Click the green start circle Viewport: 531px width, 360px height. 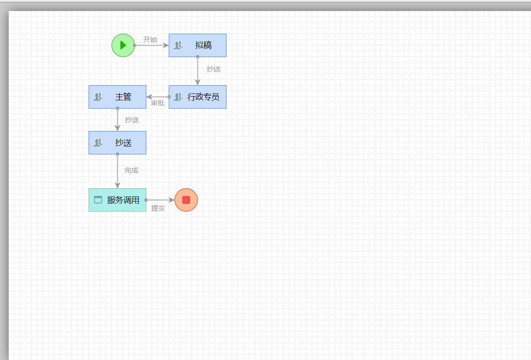(123, 45)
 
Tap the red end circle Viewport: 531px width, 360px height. (186, 200)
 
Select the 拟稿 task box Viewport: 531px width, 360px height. (197, 45)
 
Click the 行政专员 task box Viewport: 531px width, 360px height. (197, 97)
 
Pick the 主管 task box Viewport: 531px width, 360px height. (118, 97)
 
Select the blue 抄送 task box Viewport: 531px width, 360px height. (118, 143)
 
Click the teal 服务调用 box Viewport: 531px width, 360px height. (118, 200)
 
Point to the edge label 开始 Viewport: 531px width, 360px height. (150, 40)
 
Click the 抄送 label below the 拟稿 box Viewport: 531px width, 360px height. (213, 69)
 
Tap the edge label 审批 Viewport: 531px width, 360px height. (158, 103)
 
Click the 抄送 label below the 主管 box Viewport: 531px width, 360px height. (132, 120)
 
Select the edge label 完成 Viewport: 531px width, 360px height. (131, 170)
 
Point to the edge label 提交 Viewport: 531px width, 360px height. (158, 208)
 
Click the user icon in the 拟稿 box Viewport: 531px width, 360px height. (178, 45)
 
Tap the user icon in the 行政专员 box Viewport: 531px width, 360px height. (178, 97)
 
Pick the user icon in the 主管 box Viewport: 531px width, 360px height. (98, 97)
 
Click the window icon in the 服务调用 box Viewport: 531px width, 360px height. (98, 200)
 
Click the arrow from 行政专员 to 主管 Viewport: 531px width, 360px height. (158, 97)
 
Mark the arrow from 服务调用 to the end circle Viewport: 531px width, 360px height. (160, 200)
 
